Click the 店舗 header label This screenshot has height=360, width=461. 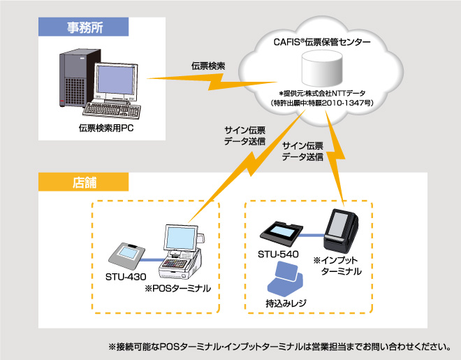pos(85,182)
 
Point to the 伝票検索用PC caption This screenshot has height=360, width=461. pos(106,130)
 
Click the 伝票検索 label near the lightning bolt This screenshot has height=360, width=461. pos(207,66)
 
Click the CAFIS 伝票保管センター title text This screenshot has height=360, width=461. pos(321,43)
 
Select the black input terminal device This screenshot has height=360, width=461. pos(341,229)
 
